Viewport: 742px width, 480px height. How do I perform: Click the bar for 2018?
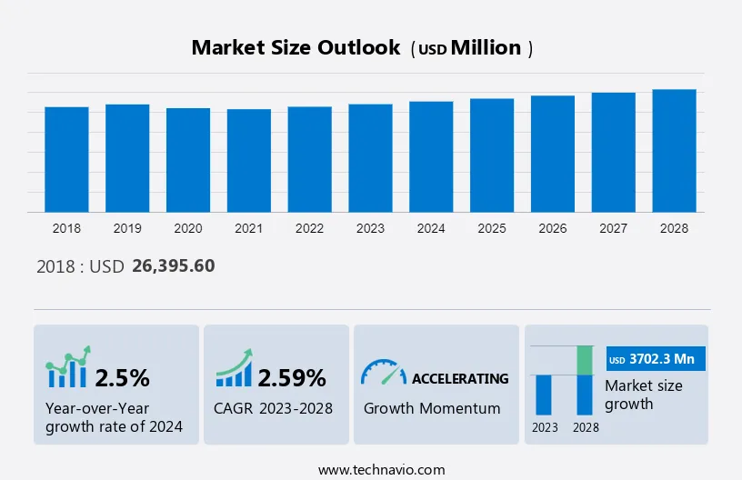pyautogui.click(x=66, y=159)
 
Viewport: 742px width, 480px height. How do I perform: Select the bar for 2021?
pyautogui.click(x=249, y=160)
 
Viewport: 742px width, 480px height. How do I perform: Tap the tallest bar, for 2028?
pyautogui.click(x=674, y=151)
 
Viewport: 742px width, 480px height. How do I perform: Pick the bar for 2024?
pyautogui.click(x=431, y=156)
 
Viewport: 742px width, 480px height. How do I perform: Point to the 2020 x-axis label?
pyautogui.click(x=188, y=228)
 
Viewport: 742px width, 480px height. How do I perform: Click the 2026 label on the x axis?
pyautogui.click(x=553, y=228)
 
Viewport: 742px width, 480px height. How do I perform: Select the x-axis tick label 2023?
pyautogui.click(x=370, y=228)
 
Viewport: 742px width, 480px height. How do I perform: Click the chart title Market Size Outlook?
pyautogui.click(x=296, y=48)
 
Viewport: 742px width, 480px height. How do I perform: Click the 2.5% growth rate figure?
pyautogui.click(x=123, y=377)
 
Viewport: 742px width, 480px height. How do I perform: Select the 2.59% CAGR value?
pyautogui.click(x=291, y=377)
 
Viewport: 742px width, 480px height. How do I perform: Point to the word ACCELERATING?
pyautogui.click(x=460, y=378)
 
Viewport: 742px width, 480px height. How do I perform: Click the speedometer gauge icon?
pyautogui.click(x=383, y=372)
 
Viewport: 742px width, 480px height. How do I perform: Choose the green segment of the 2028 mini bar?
pyautogui.click(x=586, y=360)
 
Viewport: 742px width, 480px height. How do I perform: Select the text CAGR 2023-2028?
pyautogui.click(x=274, y=408)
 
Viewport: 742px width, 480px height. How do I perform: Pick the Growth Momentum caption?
pyautogui.click(x=432, y=408)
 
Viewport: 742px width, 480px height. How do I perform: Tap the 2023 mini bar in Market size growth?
pyautogui.click(x=544, y=395)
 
